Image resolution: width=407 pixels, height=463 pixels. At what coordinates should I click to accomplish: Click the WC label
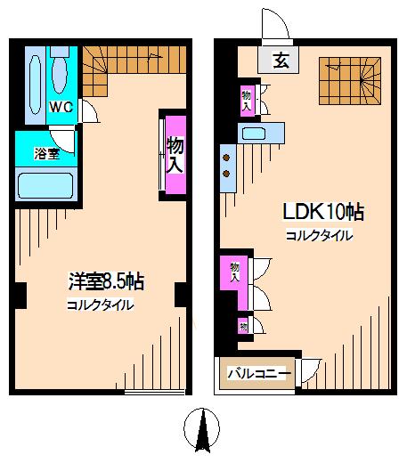pyautogui.click(x=61, y=107)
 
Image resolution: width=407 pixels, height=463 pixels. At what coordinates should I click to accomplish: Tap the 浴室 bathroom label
pyautogui.click(x=47, y=154)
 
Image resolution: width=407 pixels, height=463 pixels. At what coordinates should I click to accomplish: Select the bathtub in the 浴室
pyautogui.click(x=45, y=185)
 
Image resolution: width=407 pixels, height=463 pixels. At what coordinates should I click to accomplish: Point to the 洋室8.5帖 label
pyautogui.click(x=106, y=281)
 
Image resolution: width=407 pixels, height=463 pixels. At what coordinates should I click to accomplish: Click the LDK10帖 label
pyautogui.click(x=323, y=212)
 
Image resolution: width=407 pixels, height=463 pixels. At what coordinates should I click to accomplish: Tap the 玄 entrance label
pyautogui.click(x=281, y=61)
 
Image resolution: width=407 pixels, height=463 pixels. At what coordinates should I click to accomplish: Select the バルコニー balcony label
pyautogui.click(x=259, y=373)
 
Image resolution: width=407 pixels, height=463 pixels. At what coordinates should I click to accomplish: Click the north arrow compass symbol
pyautogui.click(x=202, y=430)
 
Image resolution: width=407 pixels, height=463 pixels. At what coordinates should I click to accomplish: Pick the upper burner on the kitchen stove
pyautogui.click(x=226, y=158)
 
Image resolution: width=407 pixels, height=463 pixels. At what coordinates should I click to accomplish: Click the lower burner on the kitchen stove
pyautogui.click(x=226, y=174)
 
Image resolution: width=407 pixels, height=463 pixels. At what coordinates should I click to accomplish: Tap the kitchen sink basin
pyautogui.click(x=254, y=134)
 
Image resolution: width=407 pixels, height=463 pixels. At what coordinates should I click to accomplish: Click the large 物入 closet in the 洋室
pyautogui.click(x=175, y=155)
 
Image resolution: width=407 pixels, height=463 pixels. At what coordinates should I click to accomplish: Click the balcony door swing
pyautogui.click(x=311, y=370)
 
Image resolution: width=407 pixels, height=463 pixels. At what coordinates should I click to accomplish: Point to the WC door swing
pyautogui.click(x=89, y=111)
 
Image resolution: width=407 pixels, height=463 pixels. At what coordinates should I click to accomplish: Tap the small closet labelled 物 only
pyautogui.click(x=243, y=327)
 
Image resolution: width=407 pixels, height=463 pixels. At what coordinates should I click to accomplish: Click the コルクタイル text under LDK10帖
pyautogui.click(x=320, y=236)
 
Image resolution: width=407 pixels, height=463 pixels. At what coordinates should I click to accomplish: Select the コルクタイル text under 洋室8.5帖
pyautogui.click(x=101, y=305)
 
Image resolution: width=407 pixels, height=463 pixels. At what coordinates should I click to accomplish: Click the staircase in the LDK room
pyautogui.click(x=350, y=81)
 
